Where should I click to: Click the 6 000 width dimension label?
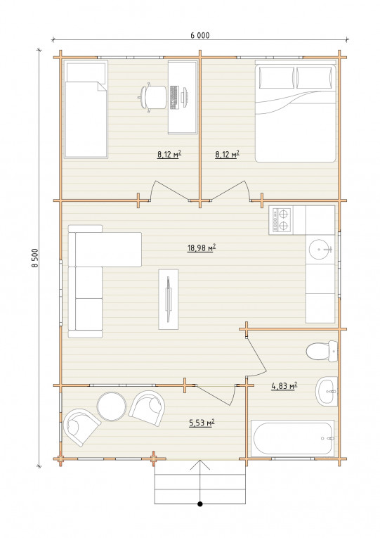199,35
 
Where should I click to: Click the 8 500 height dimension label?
34,258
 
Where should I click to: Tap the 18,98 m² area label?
201,248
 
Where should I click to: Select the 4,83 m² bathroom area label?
284,386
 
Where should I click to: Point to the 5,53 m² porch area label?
202,423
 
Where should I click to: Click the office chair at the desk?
152,97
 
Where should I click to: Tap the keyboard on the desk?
173,98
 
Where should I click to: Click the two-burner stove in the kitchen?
281,220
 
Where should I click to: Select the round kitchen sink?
320,249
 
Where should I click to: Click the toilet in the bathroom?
322,351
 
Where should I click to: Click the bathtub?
292,439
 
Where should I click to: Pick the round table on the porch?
112,406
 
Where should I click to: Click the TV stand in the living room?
169,299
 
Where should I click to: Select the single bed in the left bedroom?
86,110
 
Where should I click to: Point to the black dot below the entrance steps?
200,504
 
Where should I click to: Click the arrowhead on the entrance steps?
200,465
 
